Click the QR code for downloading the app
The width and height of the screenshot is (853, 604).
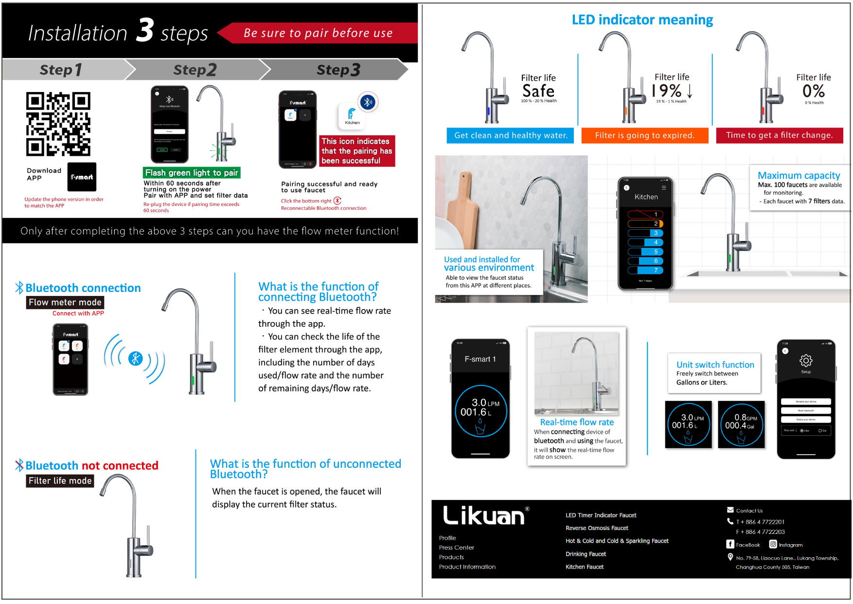[x=58, y=124]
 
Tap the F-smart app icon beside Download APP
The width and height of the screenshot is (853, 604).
[x=82, y=177]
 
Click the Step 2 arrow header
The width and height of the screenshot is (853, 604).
[x=195, y=70]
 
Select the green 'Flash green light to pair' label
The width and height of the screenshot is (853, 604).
[x=192, y=173]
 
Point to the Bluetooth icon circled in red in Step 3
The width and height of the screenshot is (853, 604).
[x=368, y=102]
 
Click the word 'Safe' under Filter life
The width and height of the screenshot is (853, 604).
[x=538, y=91]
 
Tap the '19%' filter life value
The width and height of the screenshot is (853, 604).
[x=667, y=91]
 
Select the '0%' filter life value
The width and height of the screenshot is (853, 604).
[x=813, y=91]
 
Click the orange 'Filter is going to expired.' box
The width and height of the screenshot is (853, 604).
[x=645, y=135]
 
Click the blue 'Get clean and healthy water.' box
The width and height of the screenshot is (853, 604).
[x=510, y=135]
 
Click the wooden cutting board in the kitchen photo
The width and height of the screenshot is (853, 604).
[x=462, y=209]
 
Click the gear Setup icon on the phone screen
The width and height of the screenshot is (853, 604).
[x=806, y=361]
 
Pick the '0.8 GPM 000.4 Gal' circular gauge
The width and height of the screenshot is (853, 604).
[x=741, y=424]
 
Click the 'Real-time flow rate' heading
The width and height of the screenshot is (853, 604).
[x=577, y=422]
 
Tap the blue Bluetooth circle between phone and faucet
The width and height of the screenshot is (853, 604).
[x=135, y=359]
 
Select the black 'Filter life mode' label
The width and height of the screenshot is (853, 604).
[x=60, y=481]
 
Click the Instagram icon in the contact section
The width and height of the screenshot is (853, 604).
[x=773, y=544]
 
